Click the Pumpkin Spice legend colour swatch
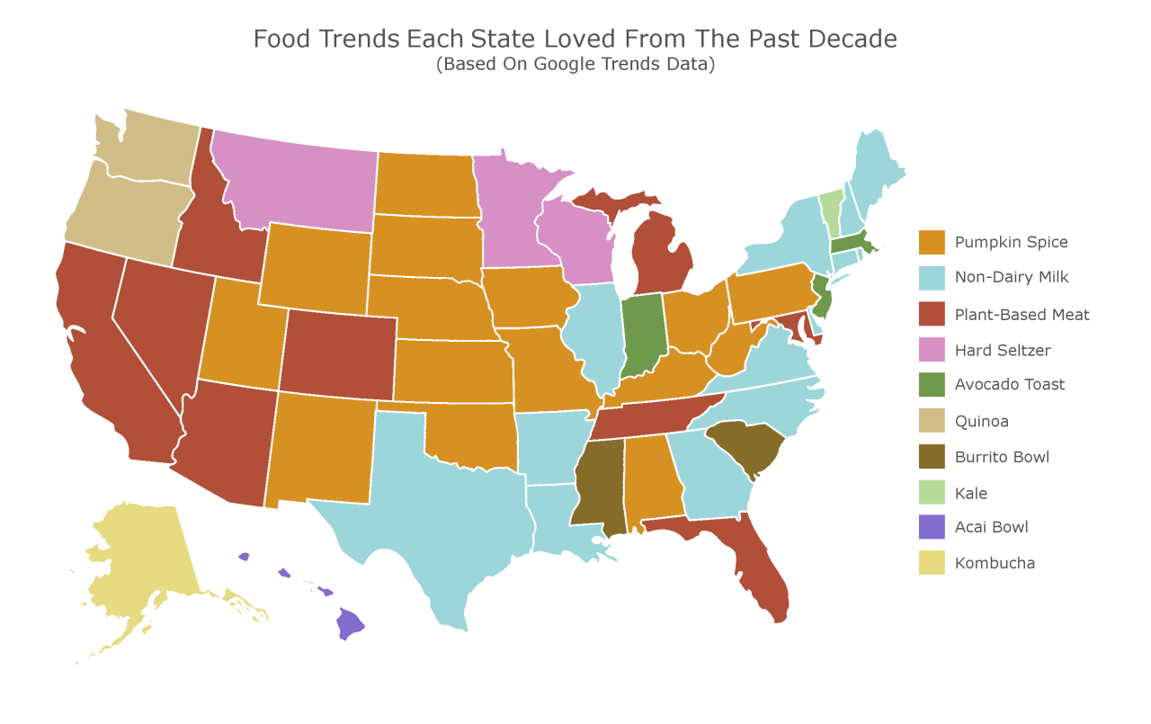(932, 242)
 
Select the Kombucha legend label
(995, 563)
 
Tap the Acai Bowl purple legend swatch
(932, 527)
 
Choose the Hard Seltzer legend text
(1002, 350)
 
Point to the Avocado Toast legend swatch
(932, 384)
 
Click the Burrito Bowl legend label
(1002, 457)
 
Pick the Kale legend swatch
(932, 493)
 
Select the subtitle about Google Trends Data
(575, 65)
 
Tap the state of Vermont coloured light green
(831, 207)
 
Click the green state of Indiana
(641, 337)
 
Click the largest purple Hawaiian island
(349, 622)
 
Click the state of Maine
(877, 166)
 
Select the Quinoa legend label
(981, 421)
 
